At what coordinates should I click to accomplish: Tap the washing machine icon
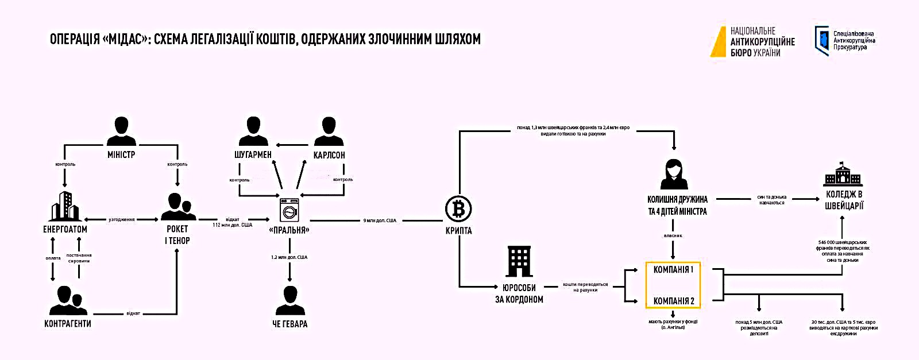(x=289, y=210)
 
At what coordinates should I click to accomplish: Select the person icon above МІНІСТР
(x=121, y=131)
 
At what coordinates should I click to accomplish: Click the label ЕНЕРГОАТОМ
(x=65, y=229)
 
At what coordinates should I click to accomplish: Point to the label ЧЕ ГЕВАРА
(x=289, y=324)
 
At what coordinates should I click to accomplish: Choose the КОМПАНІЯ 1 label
(x=673, y=269)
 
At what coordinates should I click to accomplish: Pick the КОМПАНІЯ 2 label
(x=673, y=301)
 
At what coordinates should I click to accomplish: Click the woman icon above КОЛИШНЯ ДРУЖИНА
(x=673, y=175)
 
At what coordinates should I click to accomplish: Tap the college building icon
(x=843, y=174)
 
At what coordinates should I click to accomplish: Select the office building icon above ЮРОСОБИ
(x=519, y=261)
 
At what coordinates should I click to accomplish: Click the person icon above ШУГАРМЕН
(x=253, y=131)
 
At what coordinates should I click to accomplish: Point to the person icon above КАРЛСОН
(x=329, y=131)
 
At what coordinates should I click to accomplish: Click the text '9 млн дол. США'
(x=380, y=220)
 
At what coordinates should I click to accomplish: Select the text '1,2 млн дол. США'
(x=289, y=257)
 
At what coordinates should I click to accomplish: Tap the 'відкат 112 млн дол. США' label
(x=233, y=222)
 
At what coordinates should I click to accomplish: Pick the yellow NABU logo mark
(x=719, y=41)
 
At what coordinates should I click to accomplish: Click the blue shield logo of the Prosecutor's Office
(x=821, y=40)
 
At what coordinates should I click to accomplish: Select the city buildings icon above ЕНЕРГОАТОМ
(x=65, y=206)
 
